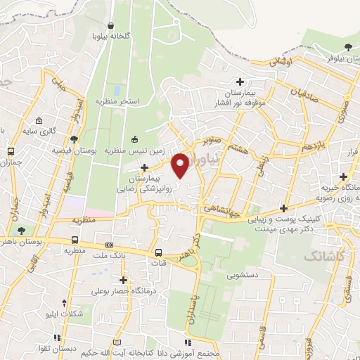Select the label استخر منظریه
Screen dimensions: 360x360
click(x=120, y=102)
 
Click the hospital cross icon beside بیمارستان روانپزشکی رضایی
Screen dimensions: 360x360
click(x=144, y=167)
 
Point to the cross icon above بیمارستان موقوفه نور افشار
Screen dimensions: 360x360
click(x=241, y=82)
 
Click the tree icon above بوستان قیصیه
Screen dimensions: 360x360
click(x=75, y=138)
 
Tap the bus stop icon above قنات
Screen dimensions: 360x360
click(x=157, y=253)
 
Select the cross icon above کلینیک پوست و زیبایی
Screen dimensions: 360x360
click(x=283, y=208)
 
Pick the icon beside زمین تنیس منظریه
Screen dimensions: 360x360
click(x=135, y=139)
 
